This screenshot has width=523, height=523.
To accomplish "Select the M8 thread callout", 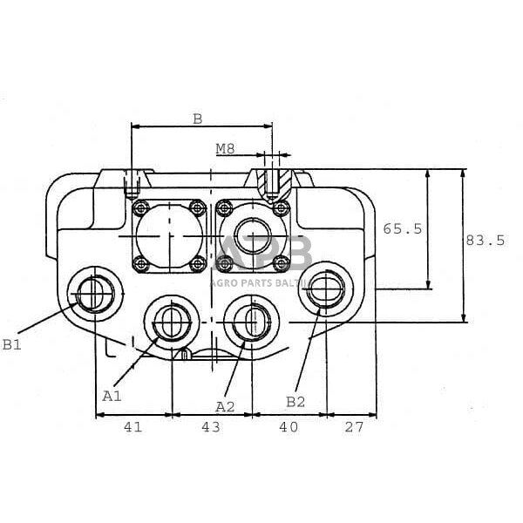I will (x=225, y=148).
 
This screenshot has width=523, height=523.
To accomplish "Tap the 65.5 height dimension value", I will (x=403, y=228).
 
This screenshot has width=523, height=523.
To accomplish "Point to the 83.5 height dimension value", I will (x=486, y=240).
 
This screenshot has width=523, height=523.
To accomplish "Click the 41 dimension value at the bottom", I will (x=132, y=427).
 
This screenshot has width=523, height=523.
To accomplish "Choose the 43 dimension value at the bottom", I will (x=211, y=427).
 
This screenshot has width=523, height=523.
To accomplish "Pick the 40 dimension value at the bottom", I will (x=289, y=427).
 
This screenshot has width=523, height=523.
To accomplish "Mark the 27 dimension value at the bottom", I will (x=355, y=427).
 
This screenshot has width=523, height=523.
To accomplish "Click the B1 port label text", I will (x=11, y=344).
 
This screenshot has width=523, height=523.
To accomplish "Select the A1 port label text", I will (x=112, y=395).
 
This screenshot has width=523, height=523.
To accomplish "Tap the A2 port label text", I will (x=225, y=406).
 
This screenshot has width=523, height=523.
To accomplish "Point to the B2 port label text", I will (x=296, y=401).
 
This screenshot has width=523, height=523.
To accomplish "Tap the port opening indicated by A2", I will (x=251, y=321).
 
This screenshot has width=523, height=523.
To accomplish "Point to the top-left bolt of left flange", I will (x=140, y=207).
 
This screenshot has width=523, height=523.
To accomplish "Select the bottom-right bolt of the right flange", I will (x=280, y=264).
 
